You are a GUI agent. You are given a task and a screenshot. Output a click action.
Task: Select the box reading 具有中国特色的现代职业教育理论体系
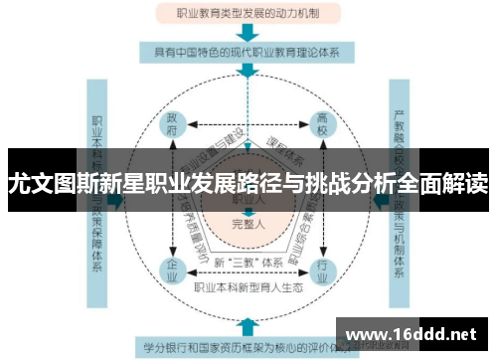coord(246,50)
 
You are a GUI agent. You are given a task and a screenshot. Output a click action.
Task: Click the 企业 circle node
coord(172,269)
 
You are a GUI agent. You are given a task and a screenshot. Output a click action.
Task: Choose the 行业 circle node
coord(320,269)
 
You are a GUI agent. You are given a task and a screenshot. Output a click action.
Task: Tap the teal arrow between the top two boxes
coord(246,31)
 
